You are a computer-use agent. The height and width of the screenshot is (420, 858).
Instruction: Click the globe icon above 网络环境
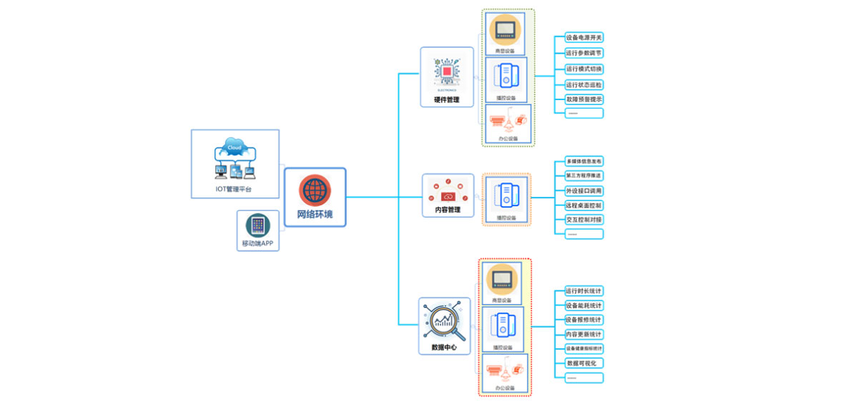[315, 190]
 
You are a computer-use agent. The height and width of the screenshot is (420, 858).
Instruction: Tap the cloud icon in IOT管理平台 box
[234, 148]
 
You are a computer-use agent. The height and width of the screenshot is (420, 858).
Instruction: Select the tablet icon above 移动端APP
[257, 225]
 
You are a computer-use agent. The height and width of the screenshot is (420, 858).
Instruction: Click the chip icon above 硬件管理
[447, 72]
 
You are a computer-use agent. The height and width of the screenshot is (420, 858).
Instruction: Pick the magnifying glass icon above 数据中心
[444, 322]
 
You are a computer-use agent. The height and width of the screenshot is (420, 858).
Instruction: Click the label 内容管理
[448, 210]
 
